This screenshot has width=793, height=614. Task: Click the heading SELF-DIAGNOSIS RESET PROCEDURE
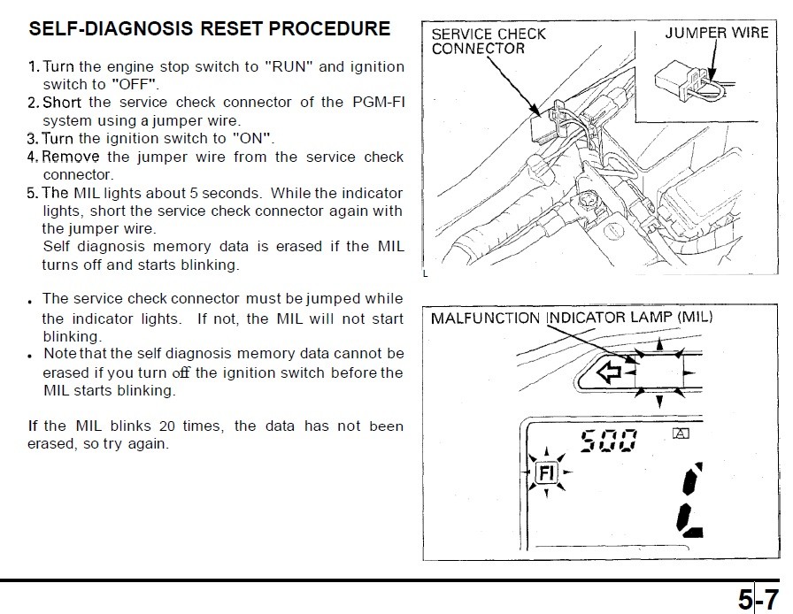210,28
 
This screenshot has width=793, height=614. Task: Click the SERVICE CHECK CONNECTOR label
488,41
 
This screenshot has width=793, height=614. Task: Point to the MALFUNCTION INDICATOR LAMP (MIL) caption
572,318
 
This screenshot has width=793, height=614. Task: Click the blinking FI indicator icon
544,473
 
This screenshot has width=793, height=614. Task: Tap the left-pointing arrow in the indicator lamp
610,373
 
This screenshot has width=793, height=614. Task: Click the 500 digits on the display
609,440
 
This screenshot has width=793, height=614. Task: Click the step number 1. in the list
34,67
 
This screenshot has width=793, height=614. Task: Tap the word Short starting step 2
62,103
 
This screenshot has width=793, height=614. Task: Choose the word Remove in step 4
72,157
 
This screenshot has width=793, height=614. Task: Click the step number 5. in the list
34,193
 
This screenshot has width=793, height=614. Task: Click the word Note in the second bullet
59,355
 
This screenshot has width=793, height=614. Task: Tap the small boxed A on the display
680,434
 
